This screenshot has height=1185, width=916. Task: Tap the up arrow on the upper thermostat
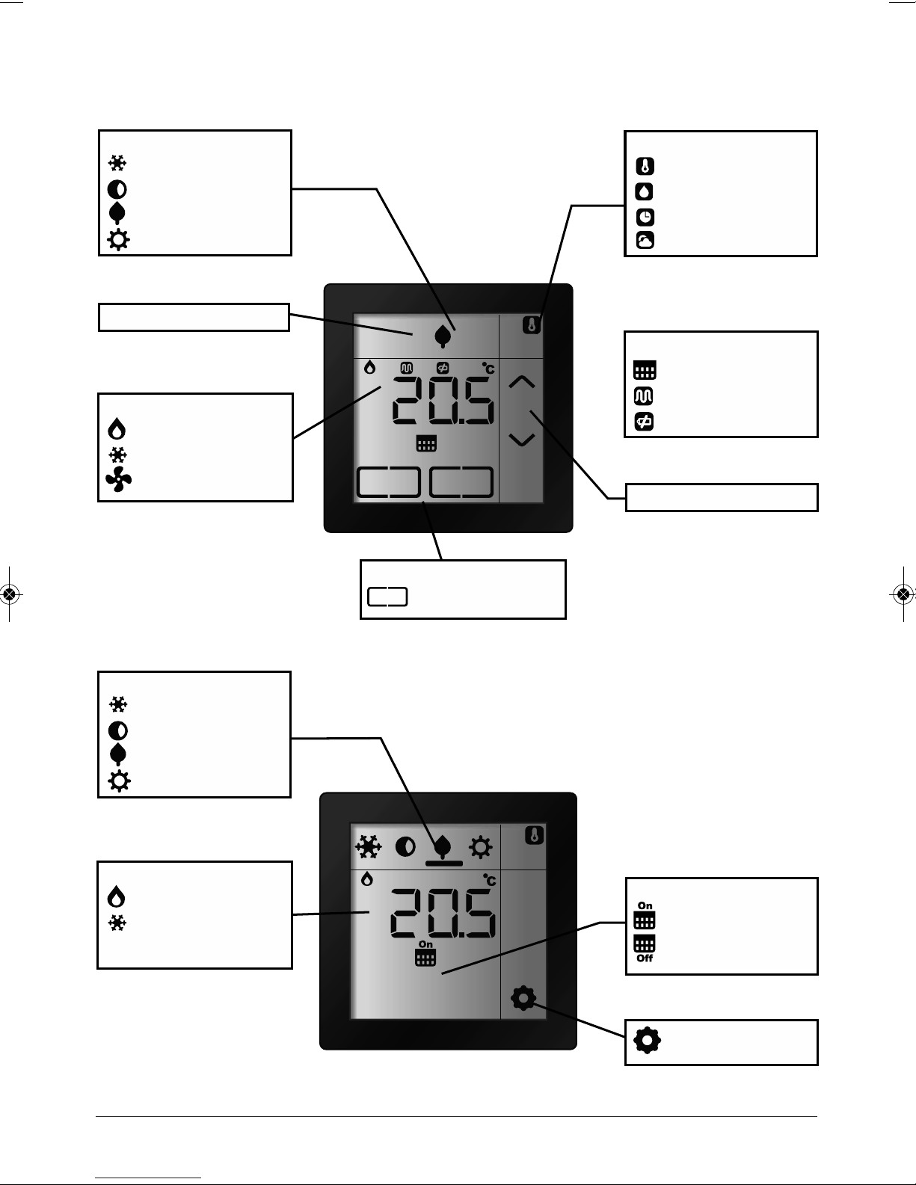tap(521, 383)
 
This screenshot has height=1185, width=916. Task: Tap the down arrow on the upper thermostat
tap(521, 440)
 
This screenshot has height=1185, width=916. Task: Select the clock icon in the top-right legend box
tap(645, 217)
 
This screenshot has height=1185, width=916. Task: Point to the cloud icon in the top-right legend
tap(645, 241)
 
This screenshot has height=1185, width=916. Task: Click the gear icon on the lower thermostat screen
tap(523, 998)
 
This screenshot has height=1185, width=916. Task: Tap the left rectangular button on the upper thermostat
tap(387, 482)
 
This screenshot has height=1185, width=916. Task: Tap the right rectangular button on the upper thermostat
tap(461, 482)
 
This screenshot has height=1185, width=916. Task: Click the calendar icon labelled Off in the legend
tap(644, 948)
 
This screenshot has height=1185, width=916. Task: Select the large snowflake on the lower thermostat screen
tap(367, 847)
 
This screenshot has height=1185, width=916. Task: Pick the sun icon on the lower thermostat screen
tap(480, 848)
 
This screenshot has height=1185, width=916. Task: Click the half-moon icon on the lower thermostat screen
tap(405, 847)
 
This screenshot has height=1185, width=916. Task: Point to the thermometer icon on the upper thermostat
tap(531, 326)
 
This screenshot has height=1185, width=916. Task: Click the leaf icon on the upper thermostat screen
tap(443, 336)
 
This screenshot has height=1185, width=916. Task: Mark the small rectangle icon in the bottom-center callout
tap(387, 597)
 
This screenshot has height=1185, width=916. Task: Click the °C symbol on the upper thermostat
tap(488, 368)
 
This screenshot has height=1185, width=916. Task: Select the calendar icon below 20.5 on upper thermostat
tap(425, 445)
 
